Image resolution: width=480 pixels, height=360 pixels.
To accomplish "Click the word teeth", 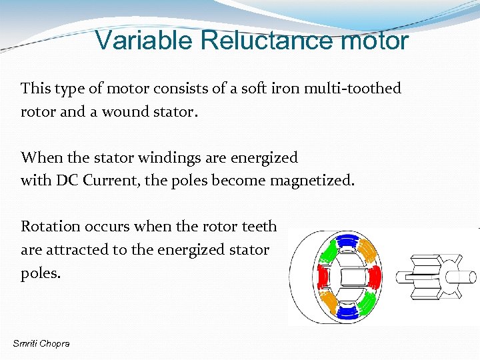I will pos(259,226).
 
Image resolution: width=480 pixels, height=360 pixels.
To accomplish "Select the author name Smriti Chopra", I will pos(41,343).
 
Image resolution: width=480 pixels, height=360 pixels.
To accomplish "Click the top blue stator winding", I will pos(347,239).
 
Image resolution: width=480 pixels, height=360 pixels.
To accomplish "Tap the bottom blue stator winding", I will pos(347,311).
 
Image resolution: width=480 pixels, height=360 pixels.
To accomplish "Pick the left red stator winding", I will pos(322,275).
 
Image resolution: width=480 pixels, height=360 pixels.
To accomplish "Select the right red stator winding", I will pos(374,275).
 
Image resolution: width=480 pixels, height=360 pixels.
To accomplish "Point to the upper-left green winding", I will pos(328,252).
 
